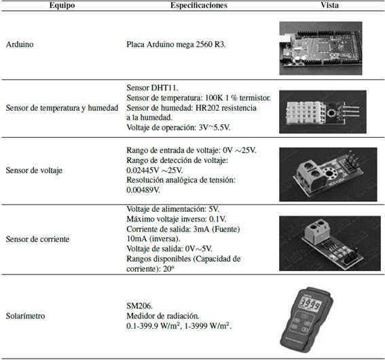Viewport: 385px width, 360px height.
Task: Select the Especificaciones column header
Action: click(199, 5)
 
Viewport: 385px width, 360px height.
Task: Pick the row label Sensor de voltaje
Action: click(33, 170)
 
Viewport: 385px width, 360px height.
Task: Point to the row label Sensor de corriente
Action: click(37, 239)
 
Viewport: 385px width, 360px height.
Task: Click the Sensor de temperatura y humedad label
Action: click(66, 108)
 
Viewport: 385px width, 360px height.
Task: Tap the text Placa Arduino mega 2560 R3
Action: click(176, 45)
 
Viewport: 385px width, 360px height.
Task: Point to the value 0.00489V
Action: click(146, 190)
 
